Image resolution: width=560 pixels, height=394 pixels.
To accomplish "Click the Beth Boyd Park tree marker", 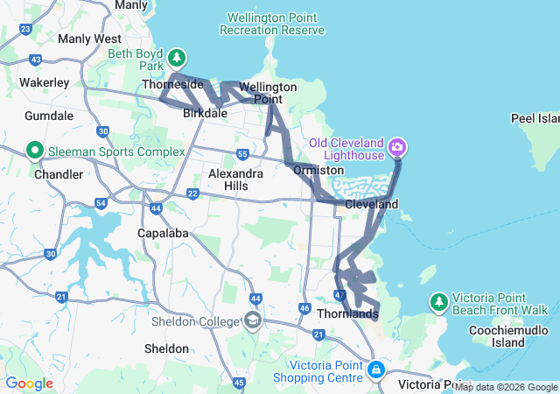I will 178,58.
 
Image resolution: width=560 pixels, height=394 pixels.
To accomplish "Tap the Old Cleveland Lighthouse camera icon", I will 397,146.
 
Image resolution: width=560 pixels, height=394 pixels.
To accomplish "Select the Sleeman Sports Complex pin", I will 36,151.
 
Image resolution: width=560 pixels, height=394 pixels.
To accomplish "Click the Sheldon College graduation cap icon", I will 253,320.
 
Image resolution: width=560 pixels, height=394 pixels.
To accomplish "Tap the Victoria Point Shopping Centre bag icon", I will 375,369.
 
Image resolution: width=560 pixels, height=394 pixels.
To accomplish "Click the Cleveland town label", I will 372,204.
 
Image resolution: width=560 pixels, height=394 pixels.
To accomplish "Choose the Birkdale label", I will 206,114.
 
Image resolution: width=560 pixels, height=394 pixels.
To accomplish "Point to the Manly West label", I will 89,39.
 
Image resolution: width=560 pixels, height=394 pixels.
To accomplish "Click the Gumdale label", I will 50,116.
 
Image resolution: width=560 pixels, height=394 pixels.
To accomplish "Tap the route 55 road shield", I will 242,155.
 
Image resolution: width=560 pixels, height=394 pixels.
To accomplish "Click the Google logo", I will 29,383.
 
